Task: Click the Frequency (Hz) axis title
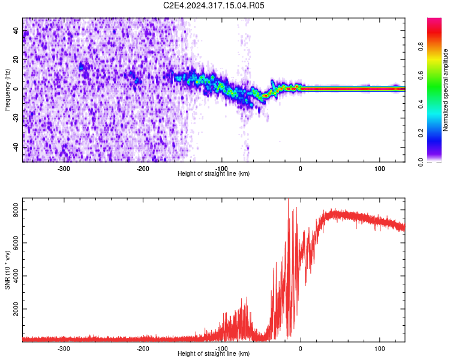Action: tap(8, 89)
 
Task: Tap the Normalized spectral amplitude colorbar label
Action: tap(445, 90)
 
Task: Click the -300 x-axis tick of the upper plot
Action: tap(64, 168)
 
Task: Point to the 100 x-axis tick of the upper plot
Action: tap(379, 168)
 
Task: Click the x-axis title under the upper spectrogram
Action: tap(214, 174)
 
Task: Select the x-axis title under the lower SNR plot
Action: tap(214, 354)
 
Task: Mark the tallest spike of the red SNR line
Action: tap(289, 200)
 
